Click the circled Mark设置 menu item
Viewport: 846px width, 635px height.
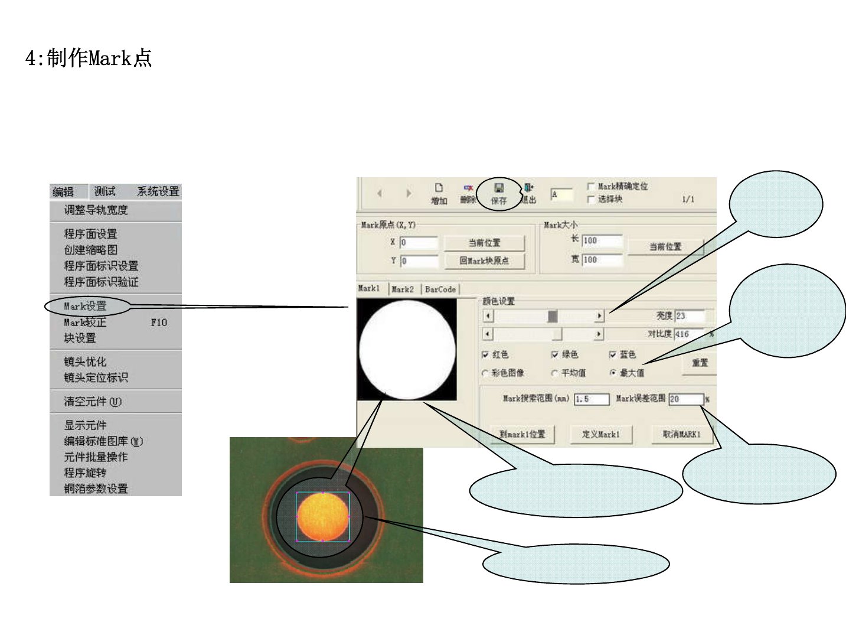(x=86, y=306)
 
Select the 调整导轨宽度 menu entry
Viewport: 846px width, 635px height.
(x=96, y=210)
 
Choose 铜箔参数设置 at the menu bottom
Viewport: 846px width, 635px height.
(x=96, y=489)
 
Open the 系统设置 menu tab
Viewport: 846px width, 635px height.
(x=158, y=191)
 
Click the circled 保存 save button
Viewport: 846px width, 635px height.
(x=499, y=194)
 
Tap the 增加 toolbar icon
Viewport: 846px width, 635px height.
(x=439, y=193)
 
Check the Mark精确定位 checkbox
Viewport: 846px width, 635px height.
(x=591, y=187)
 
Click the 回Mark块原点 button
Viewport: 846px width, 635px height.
(x=484, y=260)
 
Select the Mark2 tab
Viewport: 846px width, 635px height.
(x=402, y=289)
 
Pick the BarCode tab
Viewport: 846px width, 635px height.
(x=440, y=289)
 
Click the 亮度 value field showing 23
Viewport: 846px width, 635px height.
(x=689, y=316)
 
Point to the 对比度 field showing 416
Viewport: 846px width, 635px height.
(x=689, y=334)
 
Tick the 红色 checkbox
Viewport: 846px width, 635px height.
(x=485, y=355)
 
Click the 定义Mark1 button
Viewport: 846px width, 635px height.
(x=600, y=434)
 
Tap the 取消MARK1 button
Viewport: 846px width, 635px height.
(x=681, y=434)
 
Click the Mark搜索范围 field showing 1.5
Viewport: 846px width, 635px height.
(x=591, y=399)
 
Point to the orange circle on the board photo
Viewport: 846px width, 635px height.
(x=323, y=516)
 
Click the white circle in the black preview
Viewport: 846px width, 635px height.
(x=407, y=349)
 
